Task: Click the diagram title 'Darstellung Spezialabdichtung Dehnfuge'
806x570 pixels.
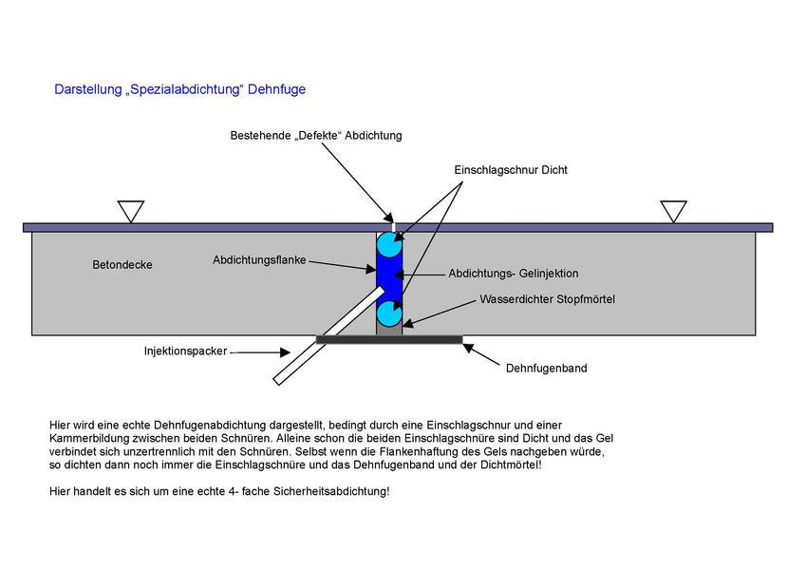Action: click(x=180, y=89)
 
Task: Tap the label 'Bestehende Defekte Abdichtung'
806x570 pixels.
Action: click(x=316, y=135)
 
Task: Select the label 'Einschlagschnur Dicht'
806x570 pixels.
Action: click(x=511, y=170)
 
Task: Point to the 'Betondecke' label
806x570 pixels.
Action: click(x=122, y=265)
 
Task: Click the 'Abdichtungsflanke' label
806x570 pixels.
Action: click(x=259, y=260)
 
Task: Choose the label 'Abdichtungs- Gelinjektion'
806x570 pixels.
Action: click(x=513, y=274)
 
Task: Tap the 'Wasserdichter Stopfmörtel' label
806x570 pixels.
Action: click(x=547, y=299)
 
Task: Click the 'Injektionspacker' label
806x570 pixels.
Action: click(x=185, y=351)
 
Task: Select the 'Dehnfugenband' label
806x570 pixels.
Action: click(x=547, y=369)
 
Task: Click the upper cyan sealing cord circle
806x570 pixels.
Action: click(x=389, y=244)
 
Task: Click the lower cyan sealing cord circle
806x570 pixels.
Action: click(x=389, y=313)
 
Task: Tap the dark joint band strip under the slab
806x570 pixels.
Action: click(x=389, y=339)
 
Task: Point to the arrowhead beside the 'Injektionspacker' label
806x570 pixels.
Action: click(x=285, y=352)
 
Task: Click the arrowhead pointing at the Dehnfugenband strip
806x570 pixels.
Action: click(x=468, y=349)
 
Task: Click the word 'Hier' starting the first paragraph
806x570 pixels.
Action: click(x=60, y=426)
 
